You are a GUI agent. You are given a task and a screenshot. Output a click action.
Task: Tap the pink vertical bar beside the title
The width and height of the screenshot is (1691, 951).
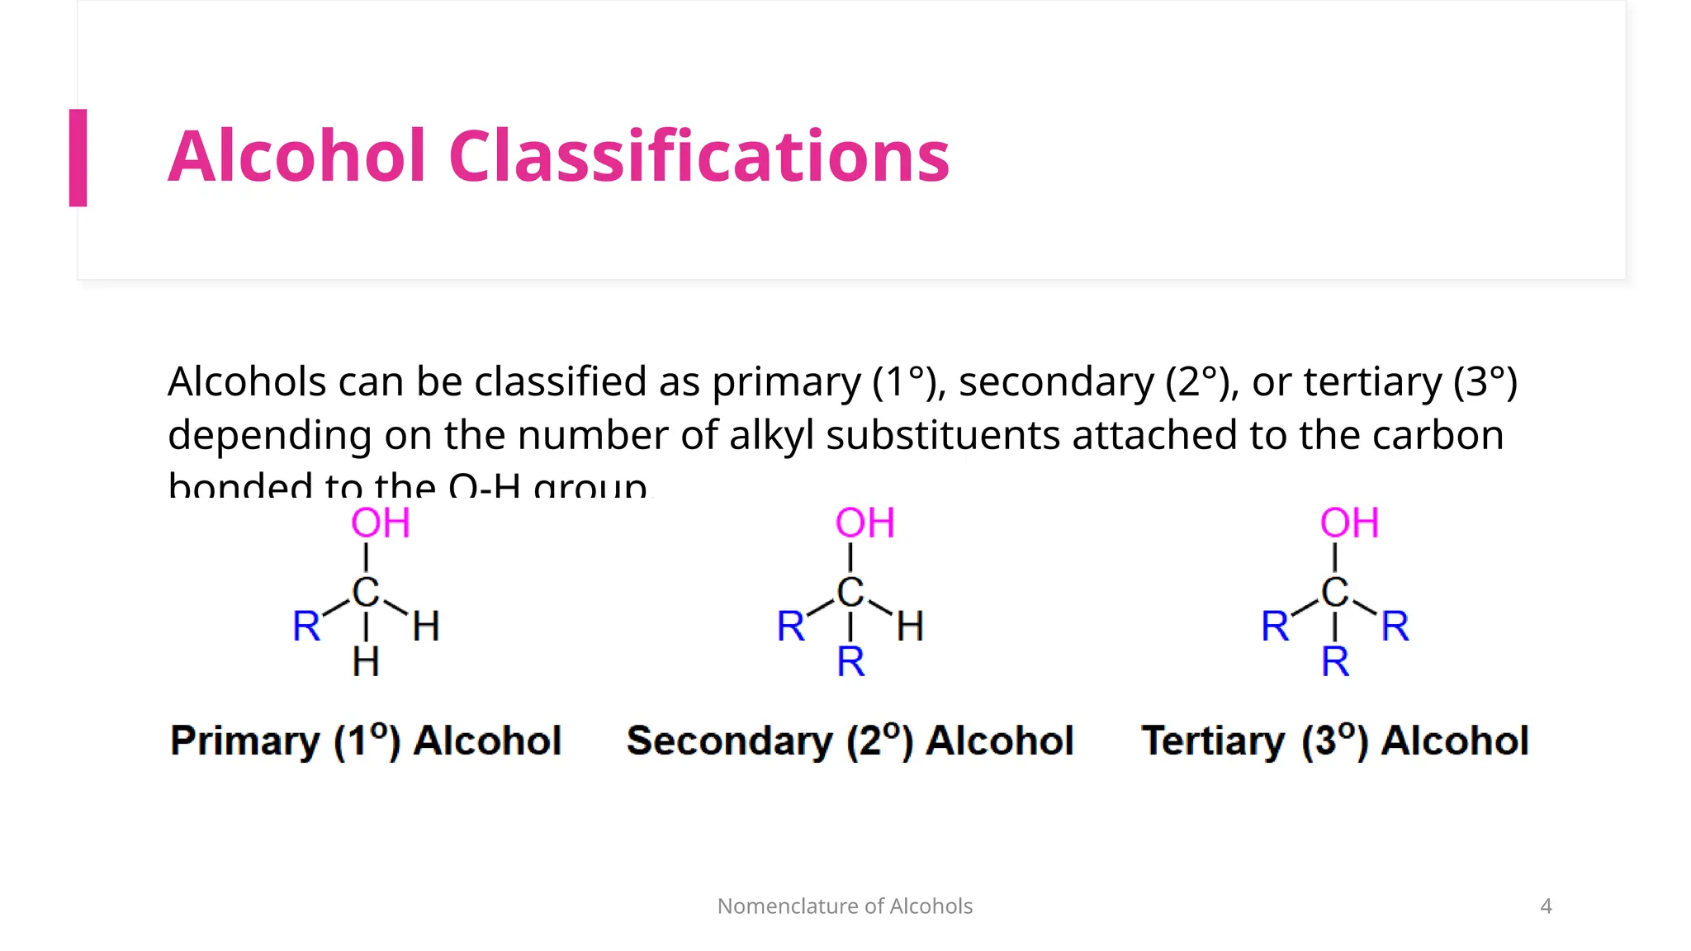point(78,158)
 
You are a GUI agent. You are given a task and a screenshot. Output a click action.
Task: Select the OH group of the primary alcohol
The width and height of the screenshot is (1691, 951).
point(380,523)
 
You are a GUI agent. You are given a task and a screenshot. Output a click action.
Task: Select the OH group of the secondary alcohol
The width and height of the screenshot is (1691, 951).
point(864,523)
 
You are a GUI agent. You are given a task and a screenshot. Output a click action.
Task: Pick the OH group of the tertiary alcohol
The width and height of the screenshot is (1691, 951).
point(1349,523)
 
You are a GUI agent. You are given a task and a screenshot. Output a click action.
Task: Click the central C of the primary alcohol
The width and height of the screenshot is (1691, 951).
point(366,592)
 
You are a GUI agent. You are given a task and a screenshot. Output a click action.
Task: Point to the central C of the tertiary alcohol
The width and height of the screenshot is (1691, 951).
point(1334,592)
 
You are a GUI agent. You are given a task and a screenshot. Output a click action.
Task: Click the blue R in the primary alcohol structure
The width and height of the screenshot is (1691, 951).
point(306,626)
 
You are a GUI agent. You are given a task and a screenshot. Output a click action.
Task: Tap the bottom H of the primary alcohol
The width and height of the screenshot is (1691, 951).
point(366,662)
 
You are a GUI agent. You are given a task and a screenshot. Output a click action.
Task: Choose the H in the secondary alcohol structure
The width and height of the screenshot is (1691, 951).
point(910,627)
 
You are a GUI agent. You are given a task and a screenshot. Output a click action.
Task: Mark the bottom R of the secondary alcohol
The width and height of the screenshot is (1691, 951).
point(850,662)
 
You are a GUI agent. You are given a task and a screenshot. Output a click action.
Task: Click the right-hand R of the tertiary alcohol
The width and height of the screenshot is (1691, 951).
point(1395,626)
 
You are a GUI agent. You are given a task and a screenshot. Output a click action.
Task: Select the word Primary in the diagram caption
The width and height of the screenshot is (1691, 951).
point(244,740)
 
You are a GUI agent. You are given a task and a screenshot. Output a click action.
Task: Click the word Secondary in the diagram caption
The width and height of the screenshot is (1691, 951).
point(730,740)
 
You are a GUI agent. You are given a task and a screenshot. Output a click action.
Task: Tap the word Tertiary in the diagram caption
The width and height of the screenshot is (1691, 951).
point(1213,740)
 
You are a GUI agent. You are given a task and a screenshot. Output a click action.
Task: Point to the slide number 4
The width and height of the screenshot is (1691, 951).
point(1546,906)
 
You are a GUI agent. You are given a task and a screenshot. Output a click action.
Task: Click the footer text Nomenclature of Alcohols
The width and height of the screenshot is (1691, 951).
point(845,906)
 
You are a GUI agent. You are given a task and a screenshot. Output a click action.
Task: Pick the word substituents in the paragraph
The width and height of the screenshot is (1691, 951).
point(942,435)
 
